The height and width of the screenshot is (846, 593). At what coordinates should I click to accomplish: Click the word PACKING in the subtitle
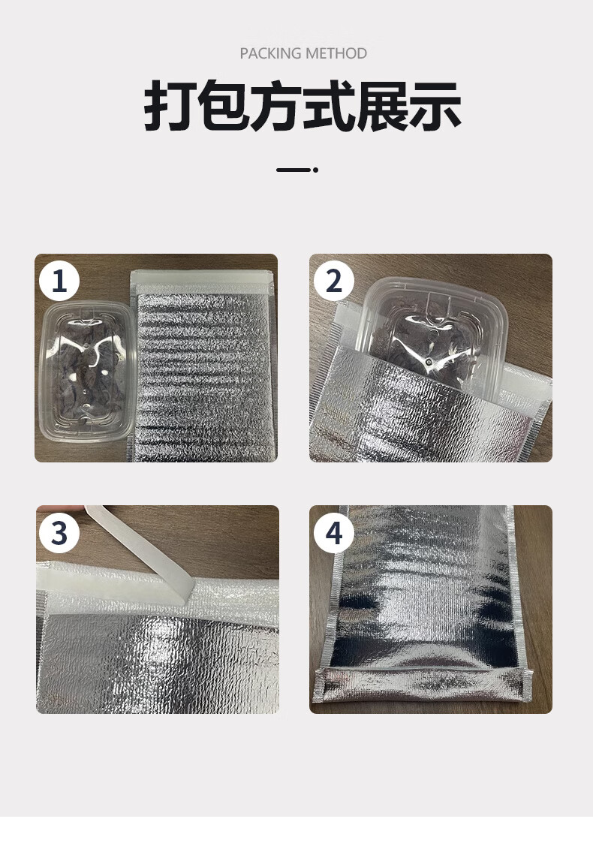270,53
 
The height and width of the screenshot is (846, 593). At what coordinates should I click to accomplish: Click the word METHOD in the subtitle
336,53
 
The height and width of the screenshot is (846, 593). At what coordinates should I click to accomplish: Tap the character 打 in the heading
169,106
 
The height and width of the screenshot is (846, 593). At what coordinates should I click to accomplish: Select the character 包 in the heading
222,106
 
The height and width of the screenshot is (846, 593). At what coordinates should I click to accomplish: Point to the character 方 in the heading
275,106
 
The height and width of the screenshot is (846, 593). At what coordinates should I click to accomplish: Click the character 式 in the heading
328,106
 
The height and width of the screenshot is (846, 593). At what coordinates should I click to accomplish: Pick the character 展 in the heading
381,106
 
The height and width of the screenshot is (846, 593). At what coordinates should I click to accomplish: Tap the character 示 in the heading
435,106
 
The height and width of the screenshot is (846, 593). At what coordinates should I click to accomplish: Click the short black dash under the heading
293,170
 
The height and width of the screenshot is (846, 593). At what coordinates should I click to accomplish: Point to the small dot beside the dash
316,170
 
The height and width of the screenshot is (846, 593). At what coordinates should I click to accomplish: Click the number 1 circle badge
59,281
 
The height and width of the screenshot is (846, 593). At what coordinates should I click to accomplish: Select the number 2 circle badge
334,281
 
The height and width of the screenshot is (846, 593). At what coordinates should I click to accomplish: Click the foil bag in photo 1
203,366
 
